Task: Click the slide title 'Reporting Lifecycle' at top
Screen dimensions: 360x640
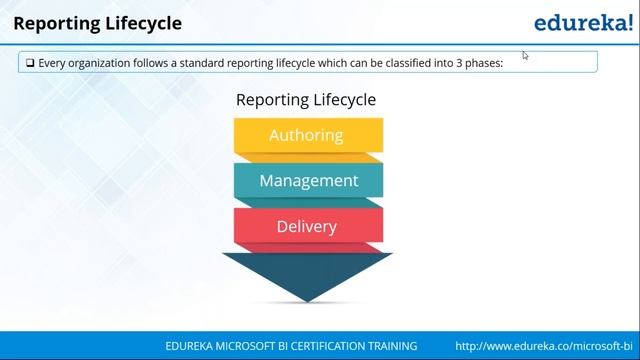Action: click(97, 22)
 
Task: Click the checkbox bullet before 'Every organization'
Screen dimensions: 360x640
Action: click(30, 62)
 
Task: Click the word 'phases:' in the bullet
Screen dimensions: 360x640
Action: click(482, 62)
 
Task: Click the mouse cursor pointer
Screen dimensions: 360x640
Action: click(525, 55)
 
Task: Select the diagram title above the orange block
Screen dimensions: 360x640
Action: click(306, 100)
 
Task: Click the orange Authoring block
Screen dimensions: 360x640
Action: click(306, 135)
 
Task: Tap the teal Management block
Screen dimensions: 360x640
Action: click(308, 181)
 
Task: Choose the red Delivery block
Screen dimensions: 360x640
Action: click(306, 226)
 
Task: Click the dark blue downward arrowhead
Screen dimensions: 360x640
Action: click(307, 276)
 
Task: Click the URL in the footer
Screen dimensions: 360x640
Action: click(546, 345)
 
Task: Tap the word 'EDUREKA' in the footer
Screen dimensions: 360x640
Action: click(193, 345)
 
